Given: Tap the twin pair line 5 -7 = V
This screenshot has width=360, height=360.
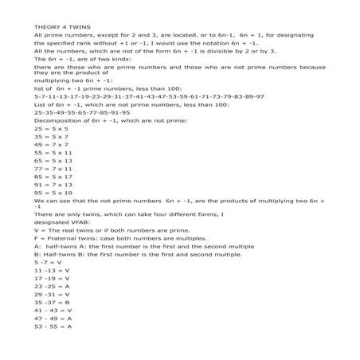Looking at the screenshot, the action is tap(46, 284).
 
